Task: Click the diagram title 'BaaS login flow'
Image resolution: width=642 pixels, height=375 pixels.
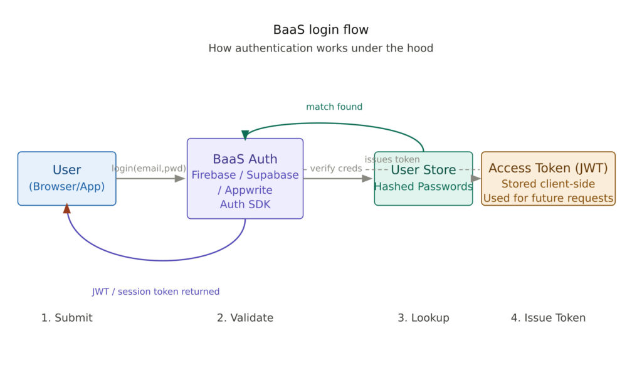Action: (320, 29)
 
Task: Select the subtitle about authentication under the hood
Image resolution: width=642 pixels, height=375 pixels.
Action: (320, 48)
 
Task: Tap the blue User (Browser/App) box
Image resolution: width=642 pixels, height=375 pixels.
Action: (66, 178)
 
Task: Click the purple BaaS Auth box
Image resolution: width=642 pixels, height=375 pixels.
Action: (245, 178)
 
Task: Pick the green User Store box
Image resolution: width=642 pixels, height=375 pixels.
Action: (423, 178)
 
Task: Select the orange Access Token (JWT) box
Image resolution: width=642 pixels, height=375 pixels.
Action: (548, 178)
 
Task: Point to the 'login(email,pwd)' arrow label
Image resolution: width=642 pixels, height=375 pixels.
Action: (149, 168)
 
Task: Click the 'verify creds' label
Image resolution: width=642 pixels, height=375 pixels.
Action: (335, 168)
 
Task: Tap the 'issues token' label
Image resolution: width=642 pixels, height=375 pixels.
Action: (392, 159)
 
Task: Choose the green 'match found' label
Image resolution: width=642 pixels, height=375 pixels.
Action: (334, 107)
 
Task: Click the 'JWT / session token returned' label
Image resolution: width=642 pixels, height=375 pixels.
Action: (155, 292)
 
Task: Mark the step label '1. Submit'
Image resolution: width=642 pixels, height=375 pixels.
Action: (66, 318)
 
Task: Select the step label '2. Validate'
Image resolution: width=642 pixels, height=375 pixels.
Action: (245, 318)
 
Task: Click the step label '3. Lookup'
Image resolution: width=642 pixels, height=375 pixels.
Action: (423, 318)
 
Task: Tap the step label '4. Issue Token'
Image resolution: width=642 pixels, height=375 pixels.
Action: (548, 318)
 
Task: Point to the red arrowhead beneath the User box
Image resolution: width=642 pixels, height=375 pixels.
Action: (67, 209)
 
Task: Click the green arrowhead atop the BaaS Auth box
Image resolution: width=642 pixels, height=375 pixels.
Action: (245, 135)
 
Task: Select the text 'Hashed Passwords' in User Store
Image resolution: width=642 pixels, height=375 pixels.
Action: (423, 187)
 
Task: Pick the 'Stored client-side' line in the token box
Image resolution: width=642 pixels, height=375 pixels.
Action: (548, 184)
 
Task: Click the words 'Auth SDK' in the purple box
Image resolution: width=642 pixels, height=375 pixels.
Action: (245, 204)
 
